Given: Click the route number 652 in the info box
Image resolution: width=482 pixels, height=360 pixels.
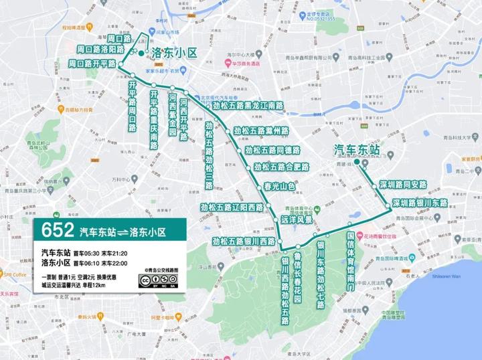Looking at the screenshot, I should pos(57,231).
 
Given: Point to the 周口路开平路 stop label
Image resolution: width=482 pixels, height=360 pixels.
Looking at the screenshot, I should pos(92,64).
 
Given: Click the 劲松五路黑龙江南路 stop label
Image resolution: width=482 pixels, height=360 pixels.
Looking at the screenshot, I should pos(247,106).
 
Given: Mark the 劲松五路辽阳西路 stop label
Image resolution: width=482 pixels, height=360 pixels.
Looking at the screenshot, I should pos(232,207).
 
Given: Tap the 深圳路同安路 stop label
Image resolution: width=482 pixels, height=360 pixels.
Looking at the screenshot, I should pos(402,184).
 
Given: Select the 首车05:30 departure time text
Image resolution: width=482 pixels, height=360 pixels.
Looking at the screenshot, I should pos(88,254).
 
